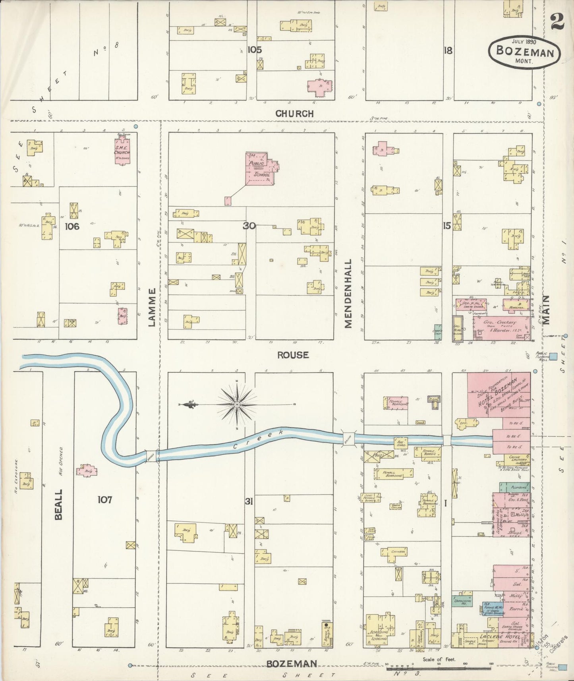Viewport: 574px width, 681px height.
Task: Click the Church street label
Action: tap(294, 114)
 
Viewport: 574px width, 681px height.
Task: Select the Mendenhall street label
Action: tap(348, 294)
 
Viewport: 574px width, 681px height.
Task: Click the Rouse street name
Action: tap(293, 355)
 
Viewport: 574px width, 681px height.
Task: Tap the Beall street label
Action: tap(58, 504)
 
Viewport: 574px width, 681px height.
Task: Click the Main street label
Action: tap(546, 310)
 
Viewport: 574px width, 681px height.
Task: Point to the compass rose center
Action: tap(237, 404)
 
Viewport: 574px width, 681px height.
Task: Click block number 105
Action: tap(255, 50)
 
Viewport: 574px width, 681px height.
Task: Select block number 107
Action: tap(105, 499)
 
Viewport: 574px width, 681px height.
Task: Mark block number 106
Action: tap(72, 226)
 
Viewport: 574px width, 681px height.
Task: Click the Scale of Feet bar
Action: tap(439, 668)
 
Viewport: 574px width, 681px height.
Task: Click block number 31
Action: tap(249, 502)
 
